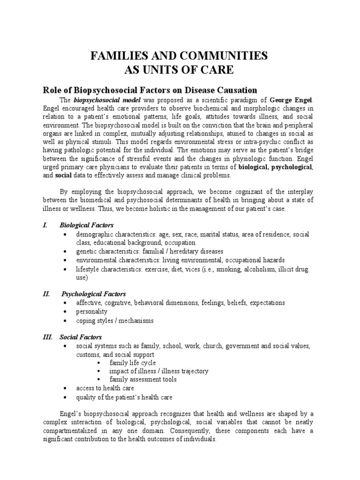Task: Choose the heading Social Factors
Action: [81, 337]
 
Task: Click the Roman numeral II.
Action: [46, 294]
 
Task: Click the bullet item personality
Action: [92, 311]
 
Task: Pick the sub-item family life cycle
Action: [133, 363]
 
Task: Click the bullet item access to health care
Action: [105, 388]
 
